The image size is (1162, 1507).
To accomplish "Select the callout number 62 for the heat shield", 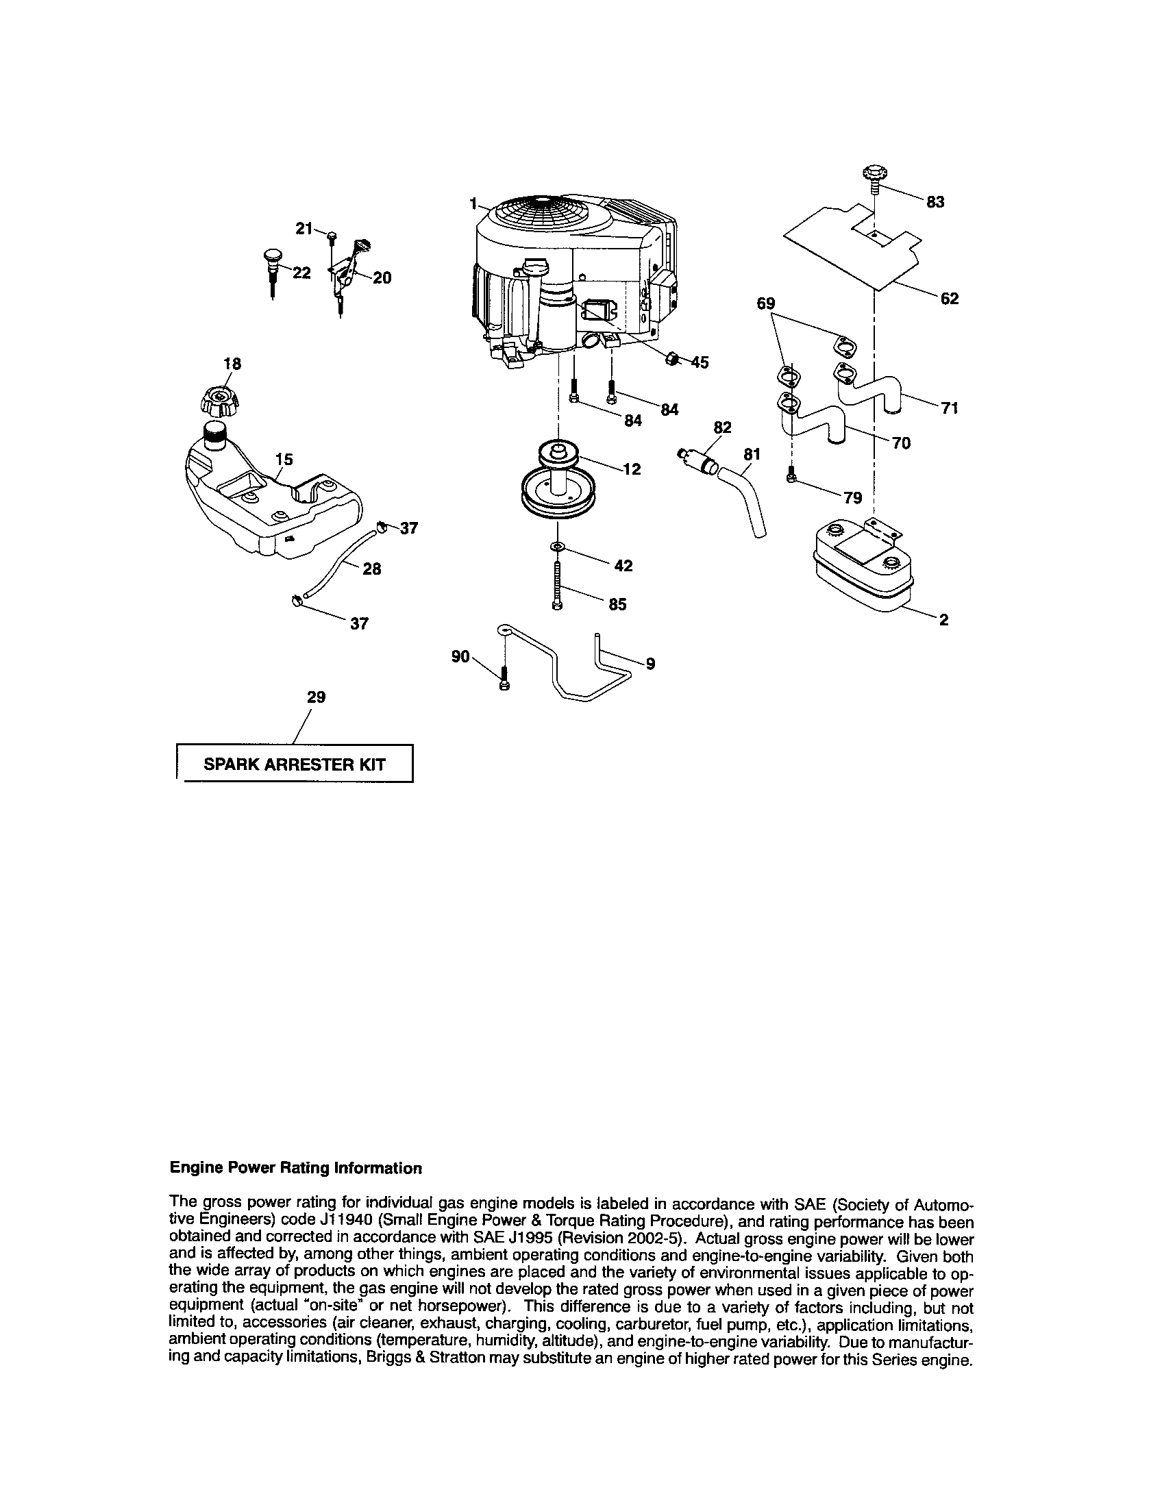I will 950,299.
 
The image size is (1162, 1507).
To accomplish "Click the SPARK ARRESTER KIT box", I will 295,764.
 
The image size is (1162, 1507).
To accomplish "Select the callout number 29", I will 316,697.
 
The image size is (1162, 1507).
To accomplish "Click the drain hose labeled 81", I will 745,500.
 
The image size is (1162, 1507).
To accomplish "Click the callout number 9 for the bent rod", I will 650,664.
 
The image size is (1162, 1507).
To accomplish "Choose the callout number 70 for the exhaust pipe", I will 901,443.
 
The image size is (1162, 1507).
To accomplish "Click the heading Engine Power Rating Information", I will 295,1168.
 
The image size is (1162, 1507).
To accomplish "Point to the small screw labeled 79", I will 792,475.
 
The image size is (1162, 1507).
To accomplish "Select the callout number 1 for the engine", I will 473,203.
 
